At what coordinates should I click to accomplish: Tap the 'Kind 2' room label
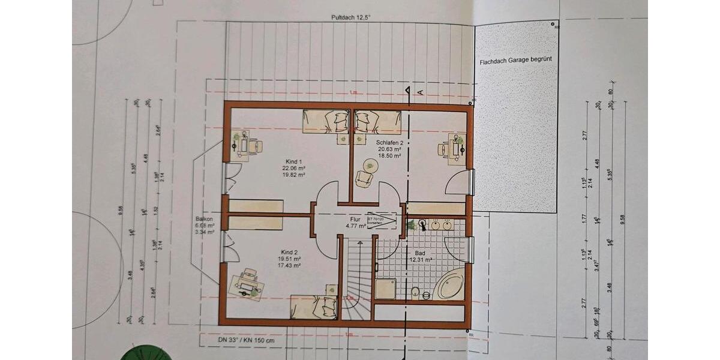[289, 252]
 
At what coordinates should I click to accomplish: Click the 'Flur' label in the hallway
[355, 220]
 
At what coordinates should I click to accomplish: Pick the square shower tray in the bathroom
[385, 289]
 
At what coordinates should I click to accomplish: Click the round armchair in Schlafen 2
[364, 178]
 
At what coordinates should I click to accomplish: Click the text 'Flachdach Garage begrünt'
[515, 61]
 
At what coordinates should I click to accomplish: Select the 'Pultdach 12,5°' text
[351, 18]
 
